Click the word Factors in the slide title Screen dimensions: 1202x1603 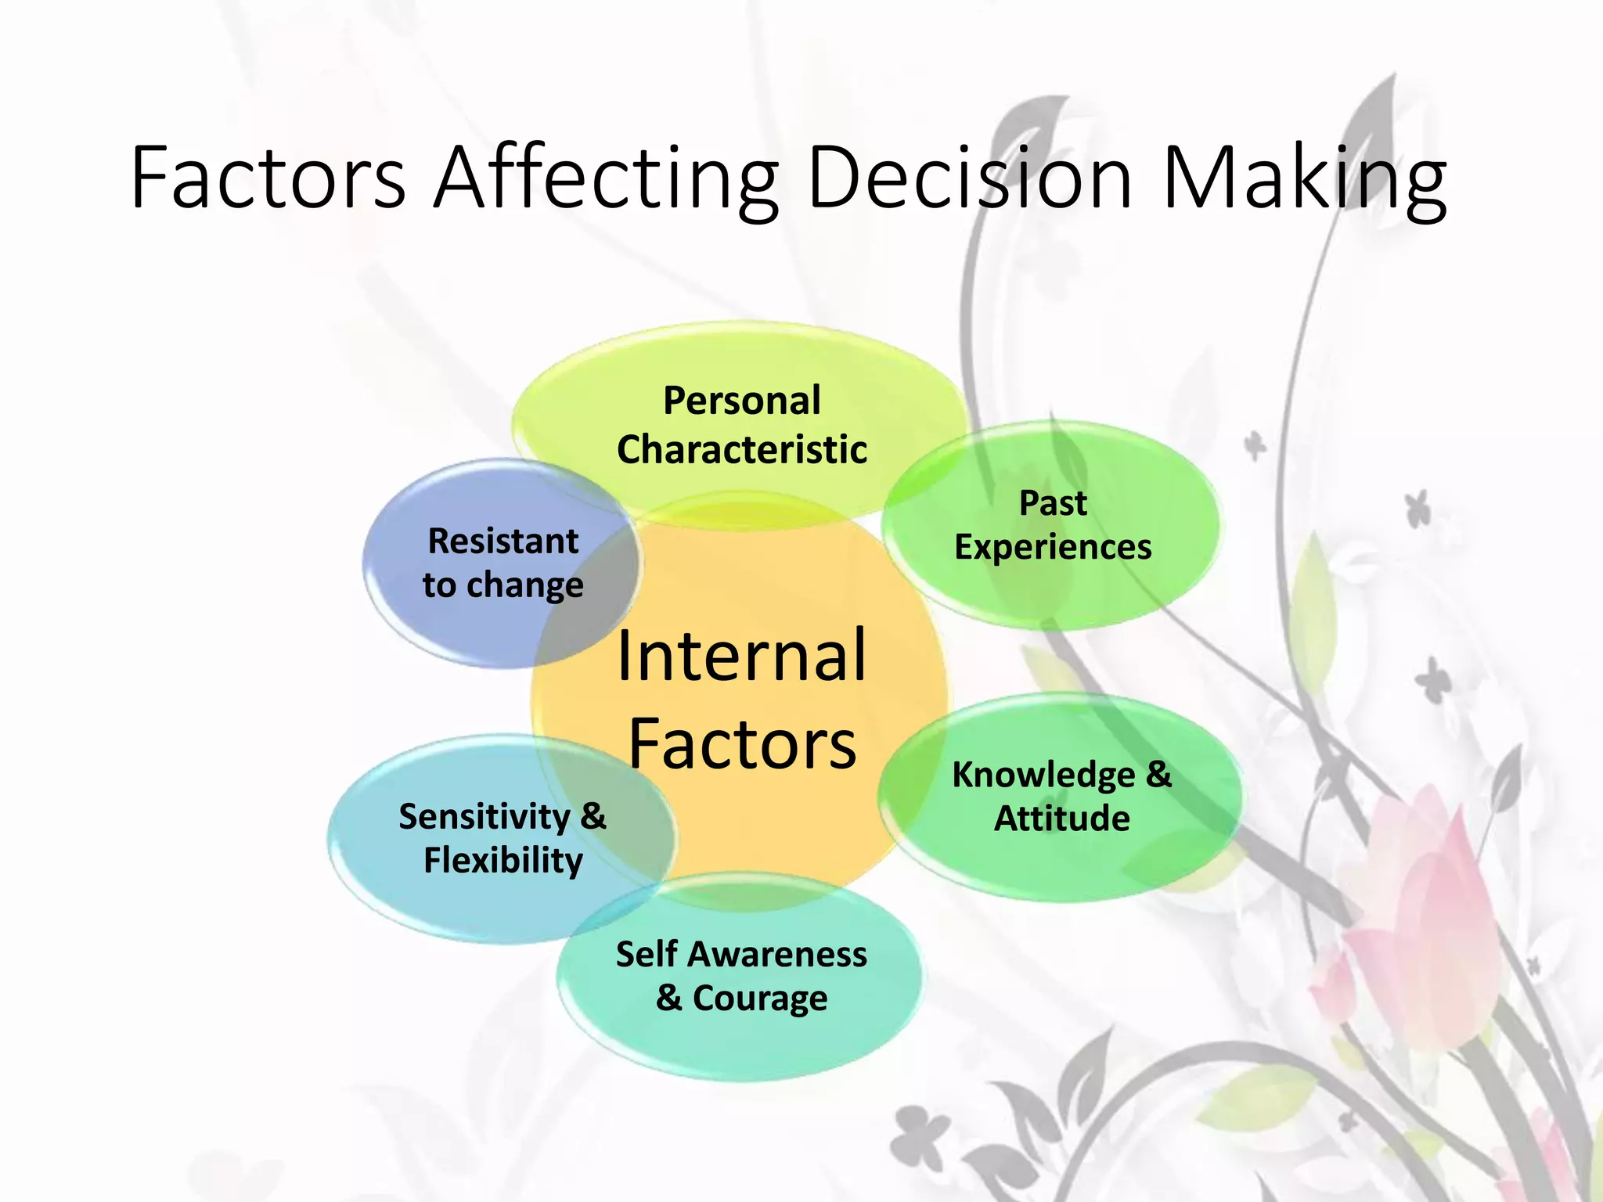[268, 178]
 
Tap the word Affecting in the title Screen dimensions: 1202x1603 [606, 178]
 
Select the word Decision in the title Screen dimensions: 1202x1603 [969, 178]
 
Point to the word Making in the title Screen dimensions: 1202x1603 [1304, 178]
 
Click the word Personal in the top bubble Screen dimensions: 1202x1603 [742, 401]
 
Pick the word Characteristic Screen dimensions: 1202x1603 [742, 450]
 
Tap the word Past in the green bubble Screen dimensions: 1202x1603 [1053, 503]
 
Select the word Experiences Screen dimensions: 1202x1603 [1053, 547]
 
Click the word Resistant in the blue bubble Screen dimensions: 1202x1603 [503, 542]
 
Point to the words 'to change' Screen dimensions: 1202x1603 [503, 585]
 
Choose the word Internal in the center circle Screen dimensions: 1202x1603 [741, 656]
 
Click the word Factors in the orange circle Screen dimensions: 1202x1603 [742, 744]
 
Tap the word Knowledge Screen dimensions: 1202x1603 [1043, 775]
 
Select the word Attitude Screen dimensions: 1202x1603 [1062, 819]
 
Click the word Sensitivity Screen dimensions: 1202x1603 [485, 817]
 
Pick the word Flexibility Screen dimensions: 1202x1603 [503, 861]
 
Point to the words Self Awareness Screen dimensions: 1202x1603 [741, 955]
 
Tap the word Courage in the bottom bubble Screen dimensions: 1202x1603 [760, 999]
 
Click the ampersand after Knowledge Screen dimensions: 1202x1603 [1158, 774]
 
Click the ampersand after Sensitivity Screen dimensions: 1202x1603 [593, 816]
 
